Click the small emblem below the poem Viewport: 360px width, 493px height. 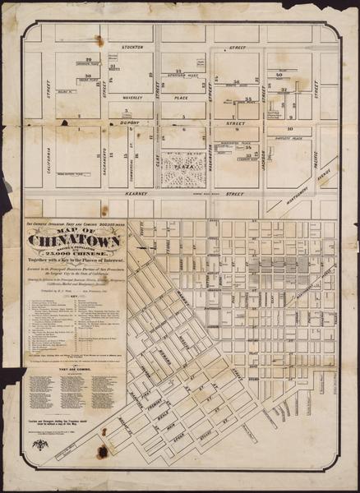pos(39,444)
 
